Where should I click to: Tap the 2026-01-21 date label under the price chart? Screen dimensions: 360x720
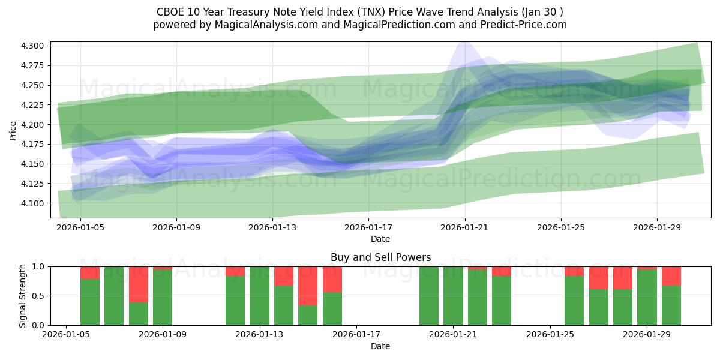tap(465, 228)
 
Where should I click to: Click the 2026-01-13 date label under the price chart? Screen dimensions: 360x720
tap(272, 228)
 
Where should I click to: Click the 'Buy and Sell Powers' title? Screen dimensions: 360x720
tap(380, 257)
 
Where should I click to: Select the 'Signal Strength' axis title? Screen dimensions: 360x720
tap(22, 296)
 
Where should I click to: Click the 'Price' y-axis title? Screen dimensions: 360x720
tap(13, 130)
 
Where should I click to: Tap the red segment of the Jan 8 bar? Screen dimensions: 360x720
tap(139, 284)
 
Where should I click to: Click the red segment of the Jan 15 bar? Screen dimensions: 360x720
tap(308, 286)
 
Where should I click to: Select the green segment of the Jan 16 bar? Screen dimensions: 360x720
tap(332, 309)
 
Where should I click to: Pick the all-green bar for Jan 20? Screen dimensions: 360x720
tap(429, 296)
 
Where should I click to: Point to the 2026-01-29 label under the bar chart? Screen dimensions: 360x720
tap(647, 335)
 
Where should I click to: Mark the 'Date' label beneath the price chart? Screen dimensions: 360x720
tap(380, 239)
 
